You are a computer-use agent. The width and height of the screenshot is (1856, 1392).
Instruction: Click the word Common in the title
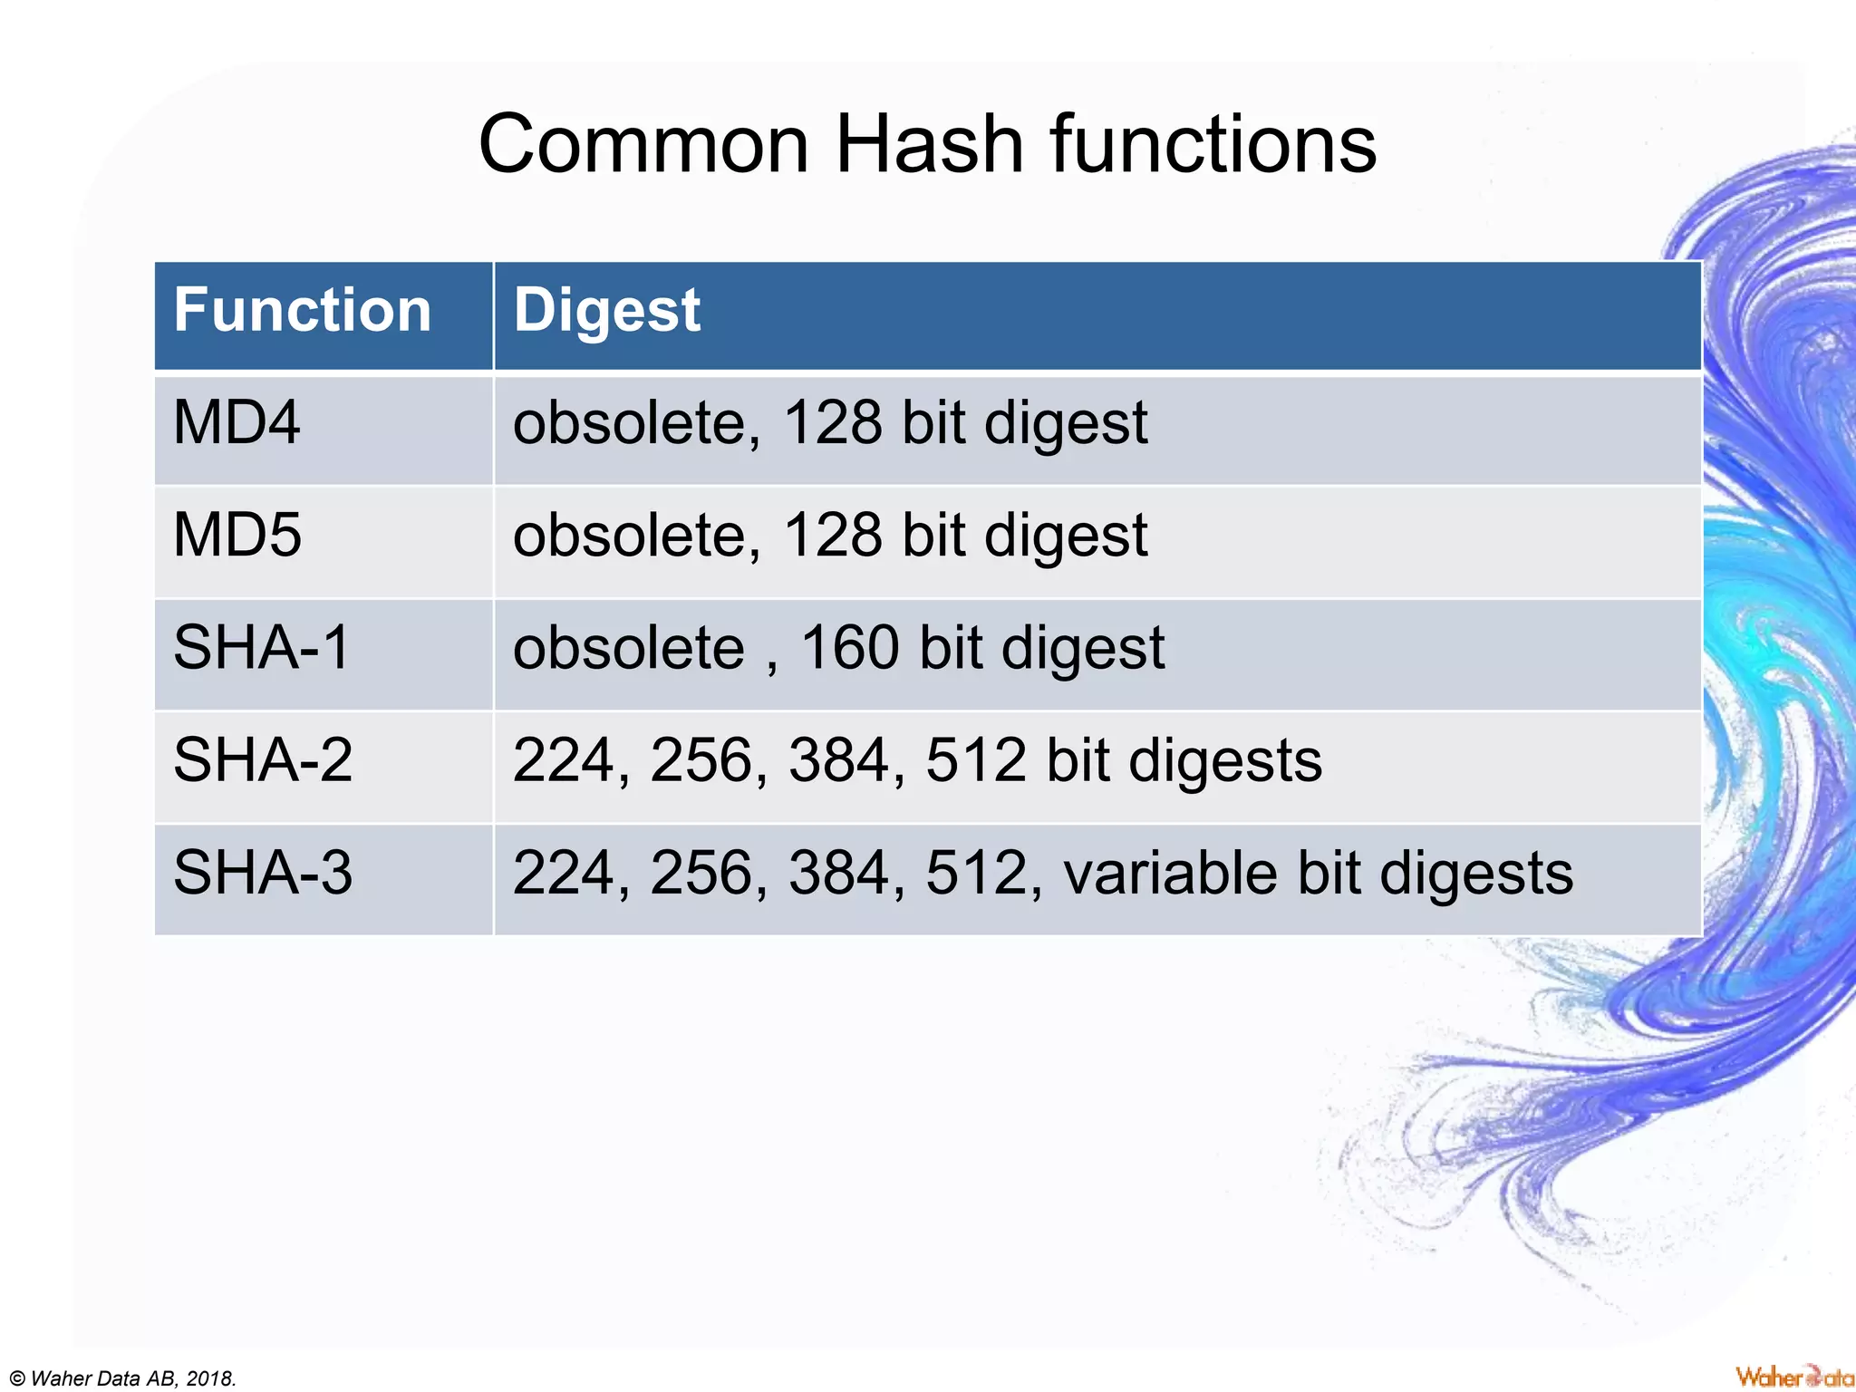tap(643, 145)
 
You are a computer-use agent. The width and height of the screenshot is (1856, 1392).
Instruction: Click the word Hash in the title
tap(929, 145)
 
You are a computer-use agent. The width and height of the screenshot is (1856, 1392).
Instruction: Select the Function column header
tap(302, 311)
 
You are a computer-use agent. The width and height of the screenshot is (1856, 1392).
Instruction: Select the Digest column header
tap(606, 311)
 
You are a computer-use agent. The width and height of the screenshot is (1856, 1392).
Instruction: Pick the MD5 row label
tap(237, 535)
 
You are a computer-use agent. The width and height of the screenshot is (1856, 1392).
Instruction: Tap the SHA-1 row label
tap(261, 648)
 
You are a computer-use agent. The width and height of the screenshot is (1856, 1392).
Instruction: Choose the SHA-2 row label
tap(262, 760)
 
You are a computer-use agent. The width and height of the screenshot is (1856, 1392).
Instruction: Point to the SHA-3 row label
tap(262, 873)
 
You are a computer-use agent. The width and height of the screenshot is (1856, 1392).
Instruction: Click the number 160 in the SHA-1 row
tap(850, 648)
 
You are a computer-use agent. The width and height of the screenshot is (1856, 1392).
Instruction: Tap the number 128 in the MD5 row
tap(832, 535)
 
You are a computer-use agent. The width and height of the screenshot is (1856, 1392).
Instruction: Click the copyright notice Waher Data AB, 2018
tap(122, 1378)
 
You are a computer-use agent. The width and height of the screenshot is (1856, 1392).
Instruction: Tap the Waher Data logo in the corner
tap(1793, 1377)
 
